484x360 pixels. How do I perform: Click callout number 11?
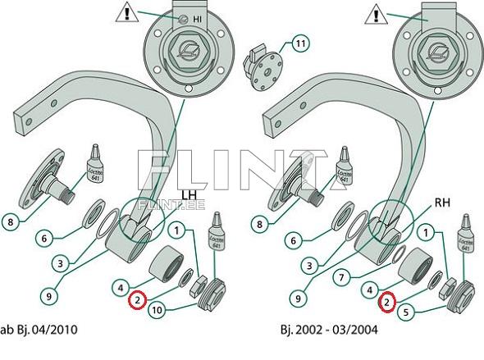300,43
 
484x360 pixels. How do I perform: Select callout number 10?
158,310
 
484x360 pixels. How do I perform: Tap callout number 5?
406,312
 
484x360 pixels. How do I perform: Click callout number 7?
341,278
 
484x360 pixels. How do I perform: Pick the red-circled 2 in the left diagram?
137,299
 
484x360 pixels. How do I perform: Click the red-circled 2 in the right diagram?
387,302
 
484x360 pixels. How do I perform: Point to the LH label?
189,195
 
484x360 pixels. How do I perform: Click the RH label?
442,203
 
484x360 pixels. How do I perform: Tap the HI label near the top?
197,19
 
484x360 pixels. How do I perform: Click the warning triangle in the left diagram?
126,12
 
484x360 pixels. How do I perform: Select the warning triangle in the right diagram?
376,14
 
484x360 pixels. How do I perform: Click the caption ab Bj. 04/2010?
39,330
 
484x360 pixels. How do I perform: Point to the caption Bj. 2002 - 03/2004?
329,330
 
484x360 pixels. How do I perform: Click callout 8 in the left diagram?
11,221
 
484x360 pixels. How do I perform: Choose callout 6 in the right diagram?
293,240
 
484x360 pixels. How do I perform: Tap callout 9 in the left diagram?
48,297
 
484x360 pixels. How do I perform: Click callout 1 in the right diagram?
426,233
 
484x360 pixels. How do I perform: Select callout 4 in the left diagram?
121,288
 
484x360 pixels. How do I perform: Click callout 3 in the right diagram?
309,266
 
